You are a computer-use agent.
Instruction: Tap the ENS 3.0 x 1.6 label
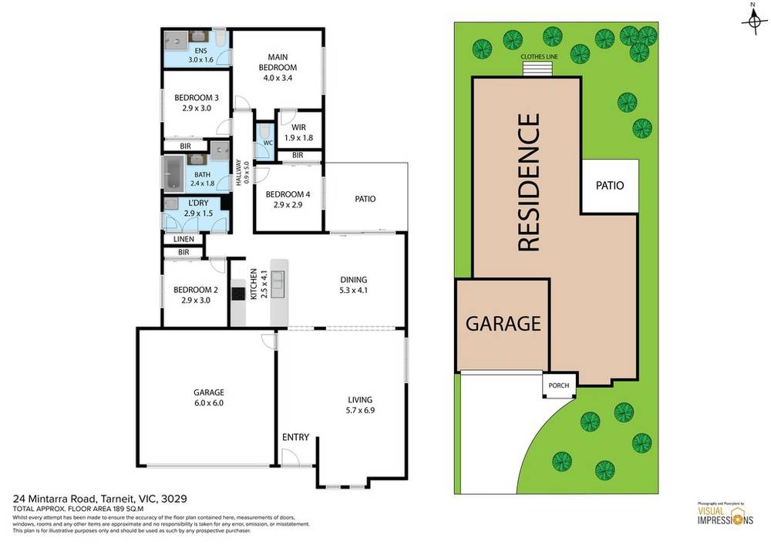[x=200, y=55]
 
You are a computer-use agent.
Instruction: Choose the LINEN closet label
[x=183, y=240]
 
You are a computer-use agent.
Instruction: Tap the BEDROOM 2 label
[x=195, y=295]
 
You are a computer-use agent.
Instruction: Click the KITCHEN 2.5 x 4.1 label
[x=258, y=284]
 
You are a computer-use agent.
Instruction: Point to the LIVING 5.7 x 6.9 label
[x=360, y=405]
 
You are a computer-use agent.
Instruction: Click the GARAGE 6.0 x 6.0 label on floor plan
[x=208, y=397]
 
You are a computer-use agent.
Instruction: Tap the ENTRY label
[x=295, y=437]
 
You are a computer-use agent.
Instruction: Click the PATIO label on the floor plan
[x=365, y=198]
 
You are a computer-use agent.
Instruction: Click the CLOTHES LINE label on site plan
[x=540, y=56]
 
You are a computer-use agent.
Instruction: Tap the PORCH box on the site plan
[x=558, y=386]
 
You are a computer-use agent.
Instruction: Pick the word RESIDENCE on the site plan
[x=528, y=183]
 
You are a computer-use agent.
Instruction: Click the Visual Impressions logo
[x=721, y=515]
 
